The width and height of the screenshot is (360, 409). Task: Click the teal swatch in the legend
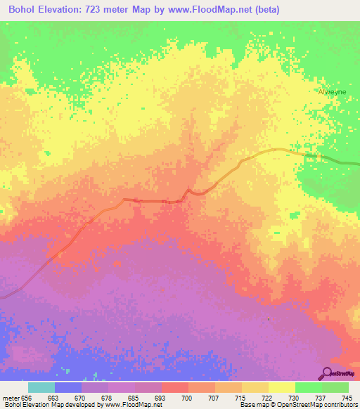coord(41,387)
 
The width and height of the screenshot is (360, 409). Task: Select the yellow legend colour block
coord(281,387)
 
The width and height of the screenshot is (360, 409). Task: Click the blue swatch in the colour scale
coord(68,387)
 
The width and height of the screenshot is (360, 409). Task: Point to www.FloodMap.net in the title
coord(215,8)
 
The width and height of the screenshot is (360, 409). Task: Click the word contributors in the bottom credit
coord(341,405)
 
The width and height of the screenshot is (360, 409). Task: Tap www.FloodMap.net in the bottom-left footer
coord(131,405)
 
